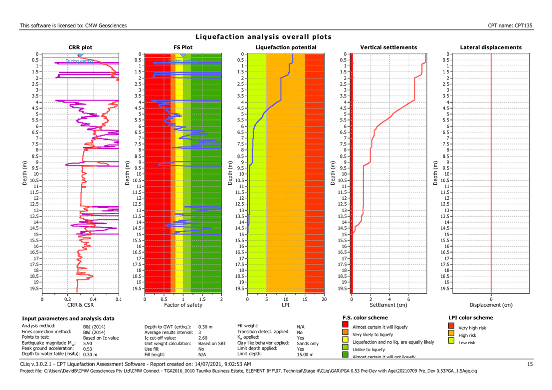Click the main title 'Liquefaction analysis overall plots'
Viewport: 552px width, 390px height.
coord(263,37)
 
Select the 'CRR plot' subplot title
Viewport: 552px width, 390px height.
coord(80,47)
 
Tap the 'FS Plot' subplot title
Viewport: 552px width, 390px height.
coord(183,47)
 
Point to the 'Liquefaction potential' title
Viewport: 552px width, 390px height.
coord(286,47)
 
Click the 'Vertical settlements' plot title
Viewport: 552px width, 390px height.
coord(388,47)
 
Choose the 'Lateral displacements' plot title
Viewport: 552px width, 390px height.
coord(491,47)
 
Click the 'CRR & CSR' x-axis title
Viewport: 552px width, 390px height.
coord(80,304)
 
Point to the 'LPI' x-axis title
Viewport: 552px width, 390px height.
coord(286,304)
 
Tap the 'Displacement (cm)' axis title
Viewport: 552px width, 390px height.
coord(491,304)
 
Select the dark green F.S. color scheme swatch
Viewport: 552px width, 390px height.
coord(346,355)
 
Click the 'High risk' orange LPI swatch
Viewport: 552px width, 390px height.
coord(451,334)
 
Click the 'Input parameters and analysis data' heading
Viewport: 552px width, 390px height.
coord(68,318)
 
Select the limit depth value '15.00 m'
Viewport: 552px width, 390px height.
coord(305,354)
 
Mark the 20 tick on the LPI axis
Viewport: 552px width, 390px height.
coord(324,299)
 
